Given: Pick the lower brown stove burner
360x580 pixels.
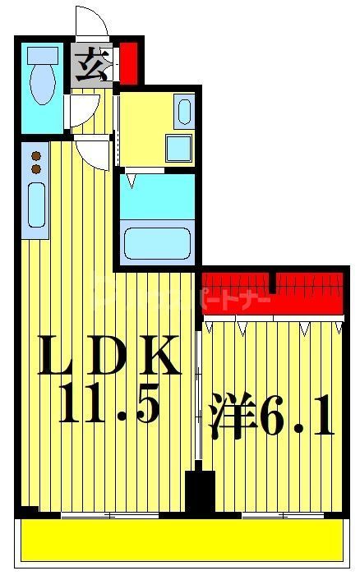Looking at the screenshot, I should pos(35,168).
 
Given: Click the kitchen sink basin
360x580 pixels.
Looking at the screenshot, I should pos(36,205).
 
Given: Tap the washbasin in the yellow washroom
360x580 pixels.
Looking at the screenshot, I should pos(183,110).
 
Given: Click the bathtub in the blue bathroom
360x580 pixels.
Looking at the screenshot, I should pos(156,243).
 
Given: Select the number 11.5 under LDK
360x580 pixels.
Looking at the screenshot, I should pos(107,407).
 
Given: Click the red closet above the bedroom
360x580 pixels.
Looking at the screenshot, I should pos(271,294).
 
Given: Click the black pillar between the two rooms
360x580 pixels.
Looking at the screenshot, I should pos(198,494).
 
